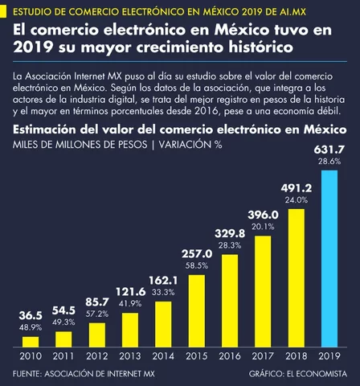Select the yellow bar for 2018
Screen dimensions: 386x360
[296, 278]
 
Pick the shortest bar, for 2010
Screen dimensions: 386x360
[31, 342]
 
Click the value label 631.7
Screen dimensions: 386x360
[329, 150]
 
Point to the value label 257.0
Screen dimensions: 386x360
[197, 253]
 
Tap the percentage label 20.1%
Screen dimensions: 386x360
[263, 227]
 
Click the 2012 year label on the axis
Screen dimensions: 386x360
[97, 356]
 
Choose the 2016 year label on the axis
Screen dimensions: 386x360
[230, 356]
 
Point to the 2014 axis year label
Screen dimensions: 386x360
[164, 356]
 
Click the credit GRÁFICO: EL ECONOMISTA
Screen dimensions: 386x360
[304, 373]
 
